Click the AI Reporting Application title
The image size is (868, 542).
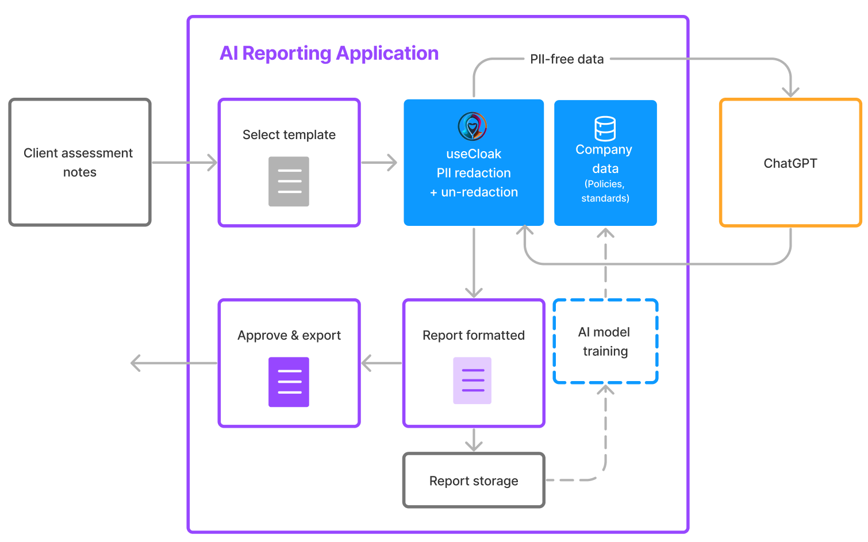pos(329,53)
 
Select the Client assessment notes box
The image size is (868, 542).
pos(80,162)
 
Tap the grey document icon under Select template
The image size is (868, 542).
pos(289,182)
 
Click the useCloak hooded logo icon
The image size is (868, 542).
pos(473,126)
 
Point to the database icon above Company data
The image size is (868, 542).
pos(605,128)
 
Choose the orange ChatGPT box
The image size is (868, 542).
pos(790,163)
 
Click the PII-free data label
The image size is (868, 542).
pos(567,59)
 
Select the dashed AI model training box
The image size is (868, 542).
pos(605,341)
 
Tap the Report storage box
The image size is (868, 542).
pos(474,481)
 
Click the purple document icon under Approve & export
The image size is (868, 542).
pos(289,382)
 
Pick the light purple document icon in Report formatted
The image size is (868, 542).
pos(473,380)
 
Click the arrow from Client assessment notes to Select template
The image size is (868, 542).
pos(184,163)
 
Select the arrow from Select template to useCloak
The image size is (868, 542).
pos(379,163)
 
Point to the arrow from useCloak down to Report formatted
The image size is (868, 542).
pos(474,262)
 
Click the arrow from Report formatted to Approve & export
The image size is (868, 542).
pos(382,363)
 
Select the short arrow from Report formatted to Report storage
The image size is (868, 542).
pos(474,440)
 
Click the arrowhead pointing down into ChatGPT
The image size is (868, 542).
pos(791,90)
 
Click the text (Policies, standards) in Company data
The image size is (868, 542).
pos(605,191)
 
